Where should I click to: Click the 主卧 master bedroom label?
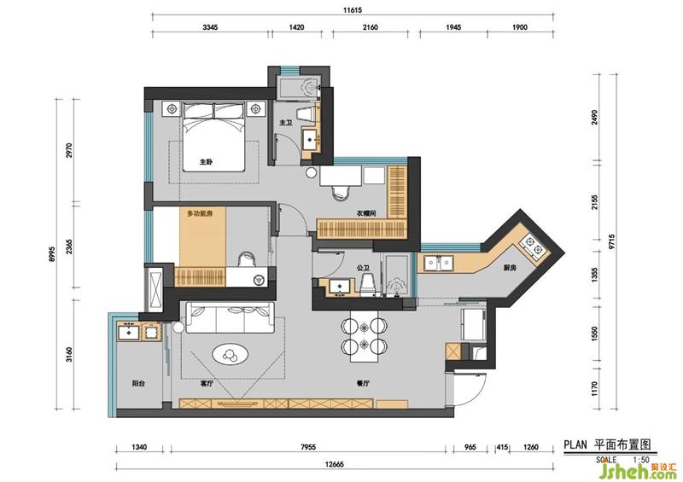pyautogui.click(x=206, y=161)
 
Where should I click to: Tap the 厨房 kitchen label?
pyautogui.click(x=510, y=268)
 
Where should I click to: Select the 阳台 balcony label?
pyautogui.click(x=138, y=384)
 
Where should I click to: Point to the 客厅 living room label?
pyautogui.click(x=207, y=384)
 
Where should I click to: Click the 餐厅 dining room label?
pyautogui.click(x=363, y=384)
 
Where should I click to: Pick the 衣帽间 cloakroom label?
pyautogui.click(x=366, y=213)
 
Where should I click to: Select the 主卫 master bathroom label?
pyautogui.click(x=286, y=123)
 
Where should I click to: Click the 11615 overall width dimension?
pyautogui.click(x=353, y=9)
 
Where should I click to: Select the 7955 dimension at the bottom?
pyautogui.click(x=307, y=447)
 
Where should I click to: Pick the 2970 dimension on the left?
pyautogui.click(x=68, y=150)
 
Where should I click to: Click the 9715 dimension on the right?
pyautogui.click(x=612, y=241)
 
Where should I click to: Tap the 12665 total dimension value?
pyautogui.click(x=334, y=464)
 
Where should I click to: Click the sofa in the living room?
pyautogui.click(x=230, y=317)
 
